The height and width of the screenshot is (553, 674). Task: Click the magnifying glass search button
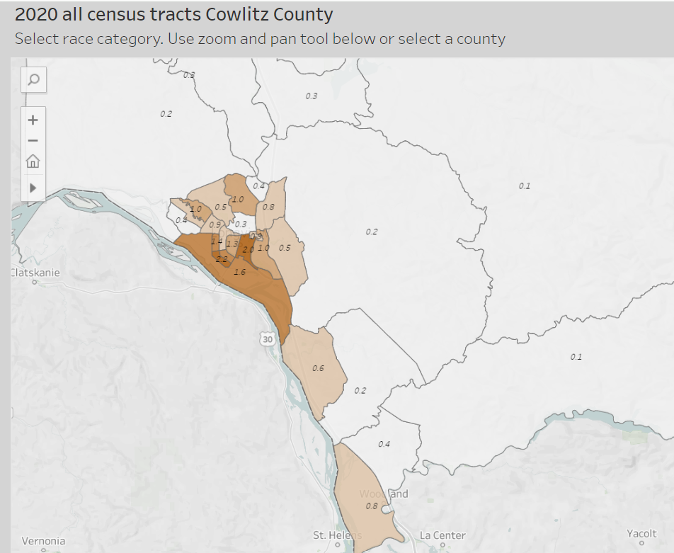click(33, 80)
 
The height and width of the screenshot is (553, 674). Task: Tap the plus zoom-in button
click(33, 120)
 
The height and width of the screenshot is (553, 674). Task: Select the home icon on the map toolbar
click(33, 161)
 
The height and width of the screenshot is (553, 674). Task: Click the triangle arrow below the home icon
click(33, 188)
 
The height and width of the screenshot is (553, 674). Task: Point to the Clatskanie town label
click(35, 273)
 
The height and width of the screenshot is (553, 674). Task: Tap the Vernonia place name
click(43, 541)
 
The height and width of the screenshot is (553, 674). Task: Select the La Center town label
click(442, 535)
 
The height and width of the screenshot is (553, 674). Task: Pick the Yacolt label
click(641, 533)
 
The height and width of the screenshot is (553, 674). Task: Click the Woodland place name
click(384, 494)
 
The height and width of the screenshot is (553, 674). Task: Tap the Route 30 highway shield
click(267, 339)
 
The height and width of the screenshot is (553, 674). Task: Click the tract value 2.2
click(222, 259)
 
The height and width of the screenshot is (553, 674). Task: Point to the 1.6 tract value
click(239, 272)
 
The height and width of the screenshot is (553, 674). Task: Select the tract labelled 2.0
click(248, 249)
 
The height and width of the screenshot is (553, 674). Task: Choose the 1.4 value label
click(217, 241)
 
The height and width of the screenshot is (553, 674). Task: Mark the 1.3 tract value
click(232, 244)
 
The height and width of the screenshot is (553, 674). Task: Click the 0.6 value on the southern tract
click(318, 368)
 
